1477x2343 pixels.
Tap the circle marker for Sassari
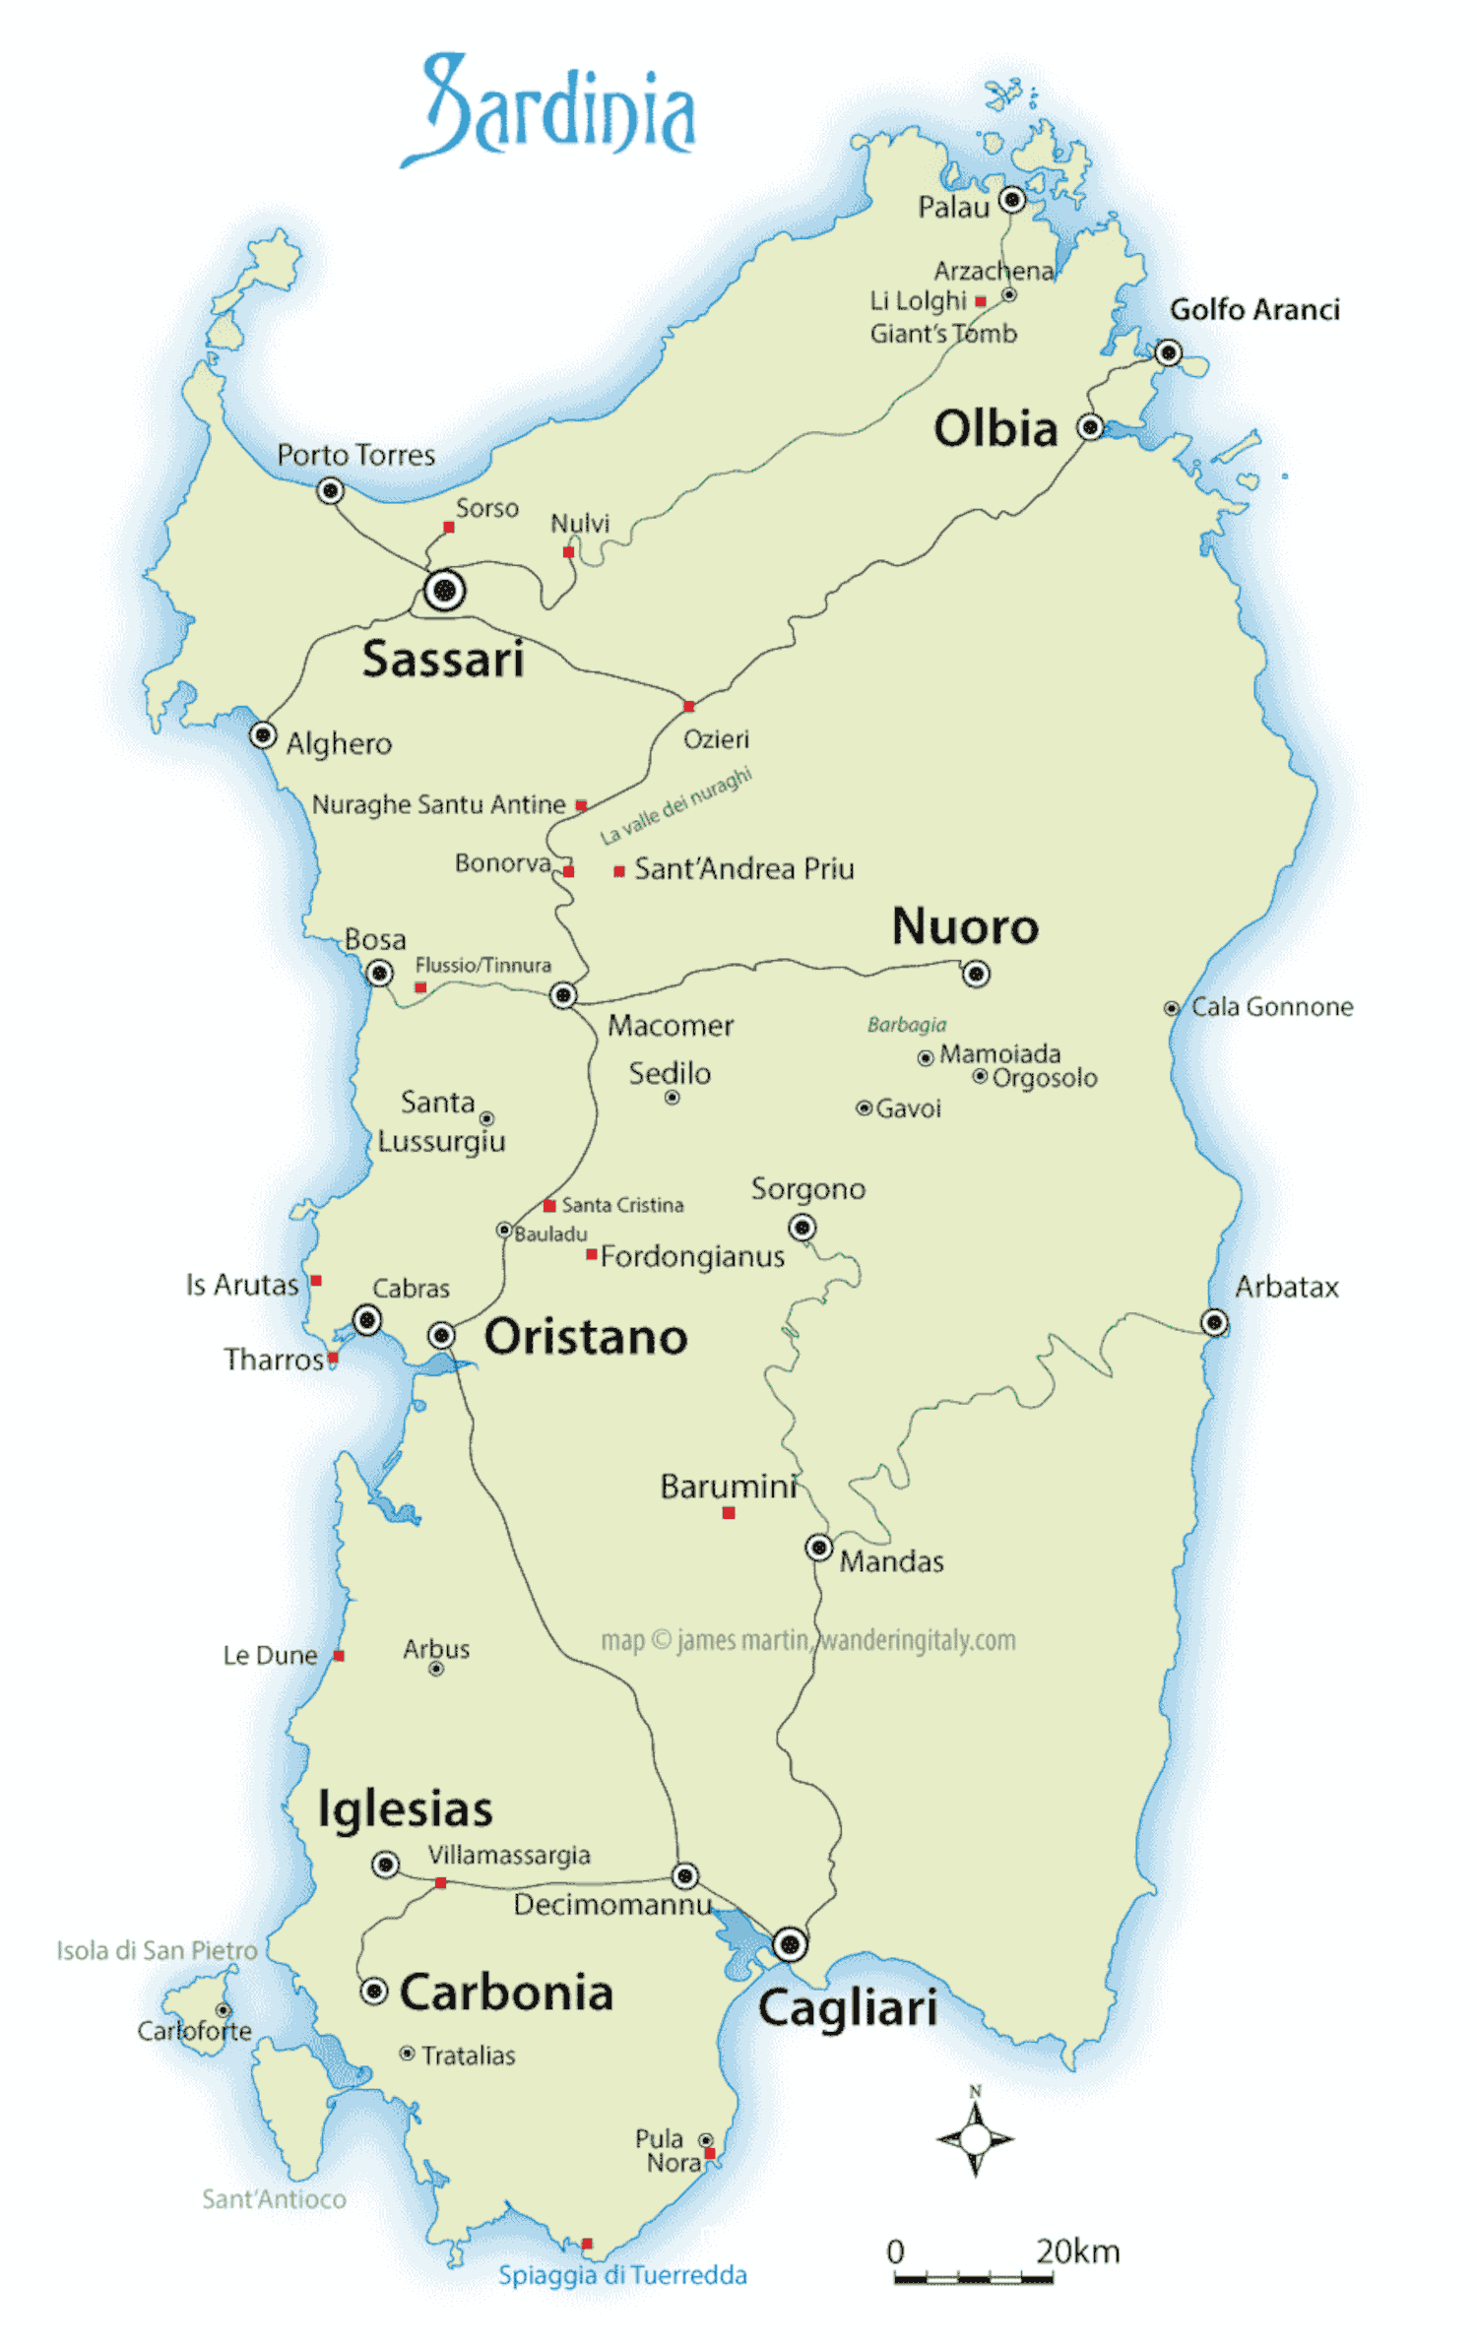coord(445,591)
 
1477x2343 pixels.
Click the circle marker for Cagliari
coord(790,1944)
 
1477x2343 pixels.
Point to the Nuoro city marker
coord(976,974)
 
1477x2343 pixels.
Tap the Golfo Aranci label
coord(1254,310)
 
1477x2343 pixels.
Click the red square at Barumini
coord(729,1513)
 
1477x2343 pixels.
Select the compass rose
coord(975,2138)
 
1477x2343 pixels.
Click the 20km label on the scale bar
coord(1077,2251)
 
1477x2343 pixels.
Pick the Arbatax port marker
coord(1215,1322)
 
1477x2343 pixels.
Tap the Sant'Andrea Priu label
coord(743,869)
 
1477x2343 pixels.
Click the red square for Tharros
coord(333,1358)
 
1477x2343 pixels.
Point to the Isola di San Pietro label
coord(157,1950)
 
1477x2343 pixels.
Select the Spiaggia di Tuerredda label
coord(622,2275)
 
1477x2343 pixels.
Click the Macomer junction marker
coord(563,995)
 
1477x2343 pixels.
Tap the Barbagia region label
coord(906,1025)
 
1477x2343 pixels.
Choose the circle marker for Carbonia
coord(374,1992)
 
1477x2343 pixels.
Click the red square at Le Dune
coord(339,1656)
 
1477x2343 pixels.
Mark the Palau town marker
coord(1012,201)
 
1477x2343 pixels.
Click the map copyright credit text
coord(807,1640)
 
